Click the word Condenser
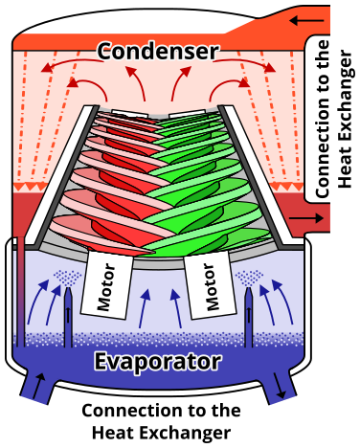click(158, 51)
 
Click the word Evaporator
click(158, 361)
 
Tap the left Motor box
click(107, 285)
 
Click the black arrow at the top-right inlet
click(308, 19)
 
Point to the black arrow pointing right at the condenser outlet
click(306, 218)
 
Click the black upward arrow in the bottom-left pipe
click(38, 386)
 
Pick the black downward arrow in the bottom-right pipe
click(281, 386)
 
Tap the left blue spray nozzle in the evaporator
click(68, 316)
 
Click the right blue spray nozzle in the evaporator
click(249, 316)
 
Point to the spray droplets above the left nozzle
click(68, 278)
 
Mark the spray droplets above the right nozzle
click(250, 278)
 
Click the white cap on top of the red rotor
click(129, 114)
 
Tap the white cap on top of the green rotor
click(188, 114)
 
